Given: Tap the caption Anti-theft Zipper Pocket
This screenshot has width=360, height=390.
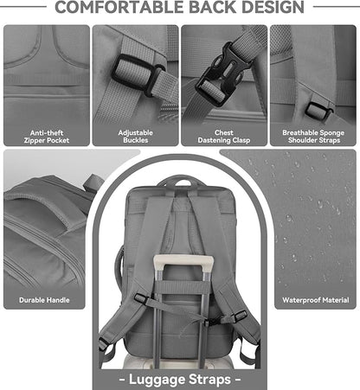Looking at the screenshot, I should [47, 137].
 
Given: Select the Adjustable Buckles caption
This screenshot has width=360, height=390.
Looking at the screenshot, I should [135, 137].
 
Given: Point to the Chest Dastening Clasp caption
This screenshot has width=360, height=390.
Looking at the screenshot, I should [223, 137].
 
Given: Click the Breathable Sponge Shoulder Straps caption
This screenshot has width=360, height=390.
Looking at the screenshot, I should [312, 137].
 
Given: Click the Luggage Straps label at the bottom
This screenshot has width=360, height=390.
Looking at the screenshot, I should [179, 378].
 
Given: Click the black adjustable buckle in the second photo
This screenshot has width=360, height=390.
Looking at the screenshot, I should [135, 72].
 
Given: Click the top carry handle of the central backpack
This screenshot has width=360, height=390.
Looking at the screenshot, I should [179, 181].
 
